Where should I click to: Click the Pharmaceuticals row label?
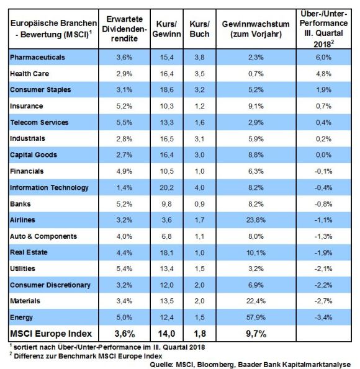coord(37,57)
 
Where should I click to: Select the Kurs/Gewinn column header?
coord(166,29)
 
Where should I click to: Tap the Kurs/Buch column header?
coord(200,29)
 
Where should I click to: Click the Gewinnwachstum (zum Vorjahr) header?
coord(256,29)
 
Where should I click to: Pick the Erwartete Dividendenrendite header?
coord(124,29)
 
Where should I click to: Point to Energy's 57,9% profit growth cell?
coord(256,318)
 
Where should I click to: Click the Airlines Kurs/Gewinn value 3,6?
coord(166,220)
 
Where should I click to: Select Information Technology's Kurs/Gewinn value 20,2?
coord(166,187)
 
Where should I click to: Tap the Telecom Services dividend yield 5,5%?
coord(124,122)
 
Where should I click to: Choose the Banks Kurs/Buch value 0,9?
coord(200,204)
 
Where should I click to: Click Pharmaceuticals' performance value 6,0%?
coord(323,57)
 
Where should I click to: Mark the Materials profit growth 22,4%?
coord(256,301)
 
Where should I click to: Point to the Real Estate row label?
coord(29,252)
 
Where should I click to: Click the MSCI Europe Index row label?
coord(51,334)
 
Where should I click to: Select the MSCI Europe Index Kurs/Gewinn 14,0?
coord(166,334)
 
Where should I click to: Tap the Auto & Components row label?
coord(43,236)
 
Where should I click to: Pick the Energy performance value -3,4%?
coord(323,318)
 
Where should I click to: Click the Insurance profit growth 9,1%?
coord(256,106)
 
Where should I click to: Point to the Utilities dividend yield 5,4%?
coord(124,269)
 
